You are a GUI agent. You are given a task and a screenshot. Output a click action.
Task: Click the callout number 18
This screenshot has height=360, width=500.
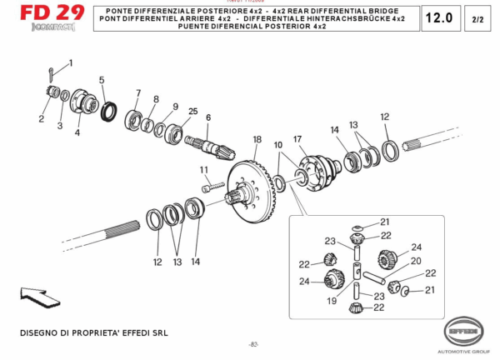(257, 139)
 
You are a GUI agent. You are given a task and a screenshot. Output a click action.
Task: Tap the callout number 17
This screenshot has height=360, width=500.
(296, 138)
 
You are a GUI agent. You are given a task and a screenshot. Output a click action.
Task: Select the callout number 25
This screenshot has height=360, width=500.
(192, 112)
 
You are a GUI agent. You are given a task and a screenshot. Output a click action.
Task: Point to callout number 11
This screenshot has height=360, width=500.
(204, 170)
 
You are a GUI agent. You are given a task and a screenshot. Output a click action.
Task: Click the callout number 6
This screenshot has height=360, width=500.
(208, 117)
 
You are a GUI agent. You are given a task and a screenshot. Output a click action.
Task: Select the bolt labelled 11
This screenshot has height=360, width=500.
(212, 187)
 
